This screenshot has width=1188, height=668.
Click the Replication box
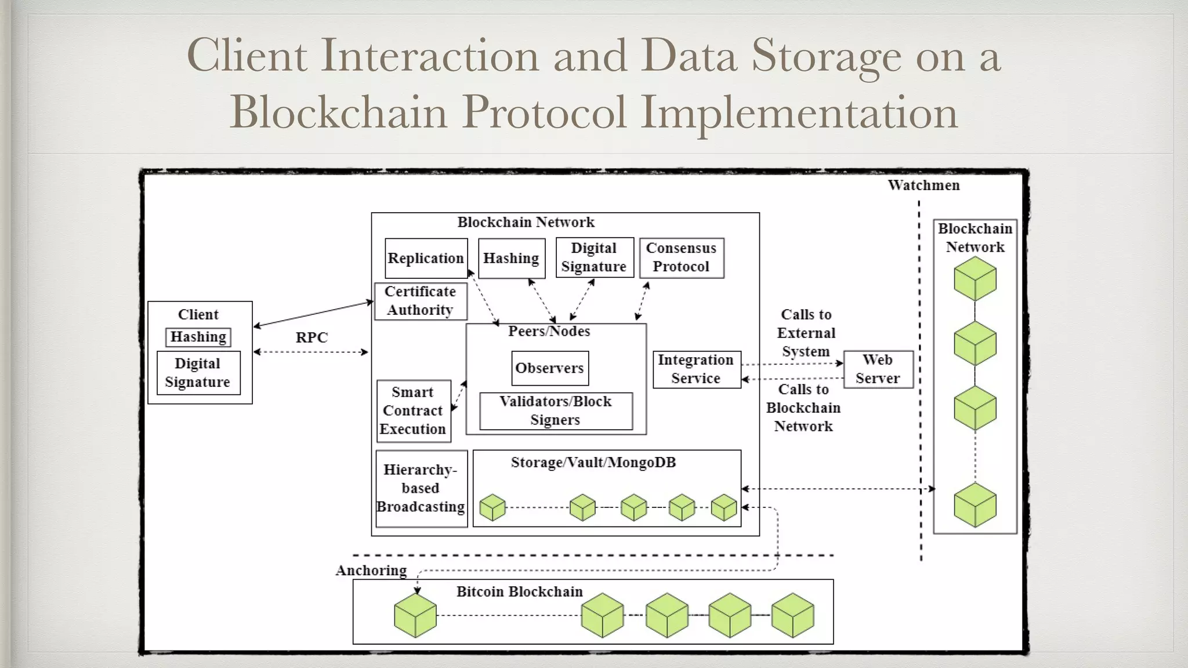(x=426, y=258)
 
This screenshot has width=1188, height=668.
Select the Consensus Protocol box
(x=681, y=257)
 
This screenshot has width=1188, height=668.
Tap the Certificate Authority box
(x=421, y=300)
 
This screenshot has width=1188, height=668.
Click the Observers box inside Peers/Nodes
(x=549, y=368)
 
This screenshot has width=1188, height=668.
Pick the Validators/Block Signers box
(x=555, y=411)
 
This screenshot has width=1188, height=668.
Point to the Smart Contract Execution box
(x=413, y=411)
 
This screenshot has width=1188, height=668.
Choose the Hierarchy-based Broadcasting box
(x=421, y=488)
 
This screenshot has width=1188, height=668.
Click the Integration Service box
(x=696, y=369)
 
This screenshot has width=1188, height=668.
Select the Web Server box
(x=878, y=369)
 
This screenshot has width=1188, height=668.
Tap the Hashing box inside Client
(x=198, y=337)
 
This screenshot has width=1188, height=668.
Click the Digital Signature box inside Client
(x=198, y=373)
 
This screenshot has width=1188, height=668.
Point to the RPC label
(x=312, y=337)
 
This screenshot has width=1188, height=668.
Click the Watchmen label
(x=923, y=186)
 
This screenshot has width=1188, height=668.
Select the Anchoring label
(x=371, y=571)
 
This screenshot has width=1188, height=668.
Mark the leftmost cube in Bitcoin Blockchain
(x=415, y=615)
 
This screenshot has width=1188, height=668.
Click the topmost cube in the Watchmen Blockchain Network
(x=975, y=279)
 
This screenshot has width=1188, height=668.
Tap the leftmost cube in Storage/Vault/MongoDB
(x=492, y=507)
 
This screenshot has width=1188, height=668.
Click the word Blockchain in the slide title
(x=338, y=111)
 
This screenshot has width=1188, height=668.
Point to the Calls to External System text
(x=806, y=333)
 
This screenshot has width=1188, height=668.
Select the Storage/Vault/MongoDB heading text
(x=593, y=463)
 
